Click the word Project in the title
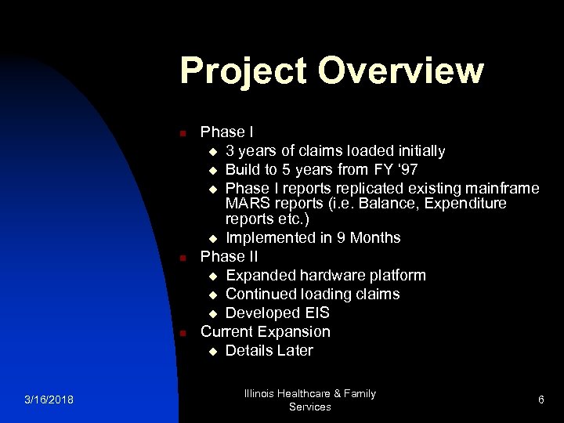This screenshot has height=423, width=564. (x=243, y=70)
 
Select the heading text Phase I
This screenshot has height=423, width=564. (x=226, y=132)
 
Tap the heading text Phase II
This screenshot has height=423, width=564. (x=229, y=256)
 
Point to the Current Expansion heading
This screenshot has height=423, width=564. (x=266, y=331)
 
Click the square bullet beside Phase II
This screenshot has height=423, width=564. (x=181, y=258)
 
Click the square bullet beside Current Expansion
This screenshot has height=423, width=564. (x=181, y=333)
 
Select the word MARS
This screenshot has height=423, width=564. (x=247, y=204)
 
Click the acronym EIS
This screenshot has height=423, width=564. (x=314, y=313)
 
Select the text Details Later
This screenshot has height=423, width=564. (x=269, y=350)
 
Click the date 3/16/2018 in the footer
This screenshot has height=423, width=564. (x=49, y=400)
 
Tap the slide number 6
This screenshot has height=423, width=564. (x=540, y=400)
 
